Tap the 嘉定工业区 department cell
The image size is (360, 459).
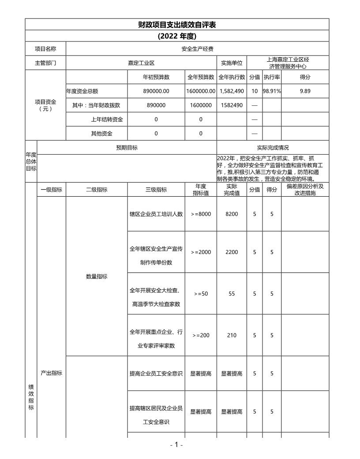(141, 63)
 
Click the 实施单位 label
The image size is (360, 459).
(232, 63)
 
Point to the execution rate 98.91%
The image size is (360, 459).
(272, 91)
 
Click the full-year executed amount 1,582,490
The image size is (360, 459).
(232, 91)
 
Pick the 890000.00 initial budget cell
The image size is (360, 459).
(156, 91)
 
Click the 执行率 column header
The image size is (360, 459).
(272, 77)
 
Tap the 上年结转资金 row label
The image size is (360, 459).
(107, 119)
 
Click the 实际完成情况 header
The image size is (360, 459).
(273, 148)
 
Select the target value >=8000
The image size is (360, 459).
(201, 214)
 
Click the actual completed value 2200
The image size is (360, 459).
(232, 252)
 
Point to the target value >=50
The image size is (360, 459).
(201, 294)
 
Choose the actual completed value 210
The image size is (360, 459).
(232, 335)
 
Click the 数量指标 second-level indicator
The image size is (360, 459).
(97, 276)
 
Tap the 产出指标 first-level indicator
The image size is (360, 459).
(51, 373)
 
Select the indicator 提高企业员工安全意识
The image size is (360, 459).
(156, 373)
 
